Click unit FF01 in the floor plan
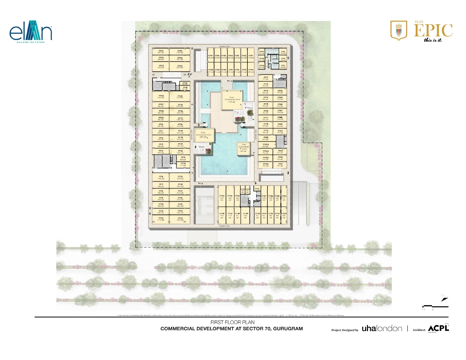click(161, 52)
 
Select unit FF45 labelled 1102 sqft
click(180, 52)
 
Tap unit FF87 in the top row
click(210, 57)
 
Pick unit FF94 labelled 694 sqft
click(251, 71)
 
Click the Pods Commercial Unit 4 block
click(232, 100)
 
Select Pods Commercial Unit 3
click(203, 135)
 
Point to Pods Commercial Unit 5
click(243, 148)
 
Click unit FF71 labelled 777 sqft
click(265, 78)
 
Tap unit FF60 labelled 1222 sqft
click(222, 198)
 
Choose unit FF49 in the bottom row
click(245, 216)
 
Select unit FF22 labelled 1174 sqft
click(161, 219)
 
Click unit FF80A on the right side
click(266, 145)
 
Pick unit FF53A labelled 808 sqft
click(284, 216)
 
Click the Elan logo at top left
click(31, 31)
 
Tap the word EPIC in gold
click(433, 30)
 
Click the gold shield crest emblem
click(399, 30)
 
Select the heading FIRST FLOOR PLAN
click(232, 322)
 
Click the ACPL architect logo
click(438, 328)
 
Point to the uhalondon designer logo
click(382, 328)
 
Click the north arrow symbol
click(444, 298)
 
